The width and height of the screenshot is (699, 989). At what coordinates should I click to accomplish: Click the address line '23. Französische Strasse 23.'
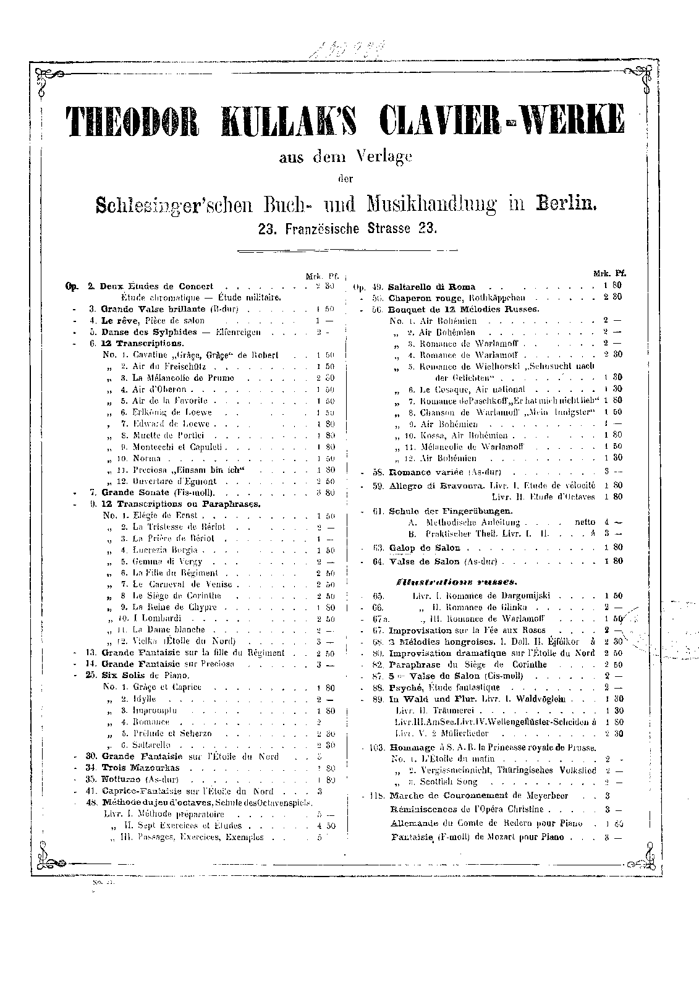tap(347, 227)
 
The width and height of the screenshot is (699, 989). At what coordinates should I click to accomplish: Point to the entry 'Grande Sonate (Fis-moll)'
tap(158, 493)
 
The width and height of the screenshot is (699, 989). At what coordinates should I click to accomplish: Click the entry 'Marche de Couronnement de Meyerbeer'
tap(479, 796)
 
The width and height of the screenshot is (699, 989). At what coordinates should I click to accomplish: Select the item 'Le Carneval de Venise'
tap(182, 584)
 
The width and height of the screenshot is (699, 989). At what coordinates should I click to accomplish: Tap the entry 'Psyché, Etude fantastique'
tap(444, 687)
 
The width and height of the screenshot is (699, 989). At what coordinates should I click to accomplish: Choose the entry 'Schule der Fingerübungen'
tap(451, 511)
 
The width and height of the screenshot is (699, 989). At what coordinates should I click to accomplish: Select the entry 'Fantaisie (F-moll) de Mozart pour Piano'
tap(477, 837)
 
